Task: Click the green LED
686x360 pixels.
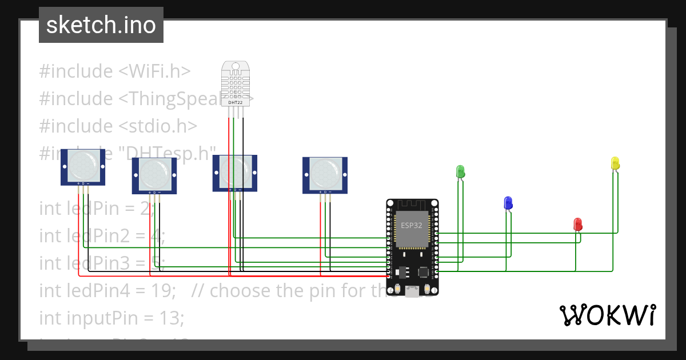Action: (460, 171)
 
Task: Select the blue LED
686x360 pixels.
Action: (508, 202)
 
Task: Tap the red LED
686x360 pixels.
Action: (578, 223)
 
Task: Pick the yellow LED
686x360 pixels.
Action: (615, 163)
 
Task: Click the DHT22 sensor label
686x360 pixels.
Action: (236, 102)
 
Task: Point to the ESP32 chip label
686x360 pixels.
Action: (412, 225)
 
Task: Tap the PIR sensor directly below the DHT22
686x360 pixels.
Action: (235, 171)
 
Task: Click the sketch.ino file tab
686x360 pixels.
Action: (101, 25)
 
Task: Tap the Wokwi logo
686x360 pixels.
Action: (607, 315)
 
